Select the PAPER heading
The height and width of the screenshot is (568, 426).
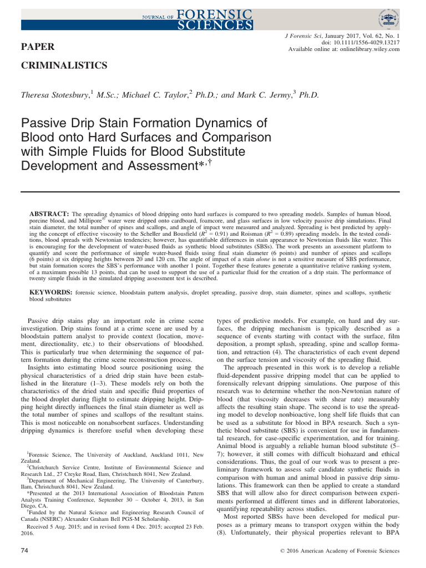pyautogui.click(x=37, y=46)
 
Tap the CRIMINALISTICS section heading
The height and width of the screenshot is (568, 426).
pyautogui.click(x=64, y=65)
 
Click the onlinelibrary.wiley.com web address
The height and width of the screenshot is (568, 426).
pyautogui.click(x=364, y=49)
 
